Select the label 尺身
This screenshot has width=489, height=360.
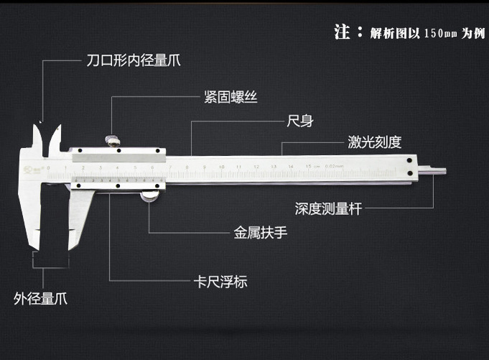click(300, 121)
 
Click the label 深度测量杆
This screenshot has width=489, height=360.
click(328, 209)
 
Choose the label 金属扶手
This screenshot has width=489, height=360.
click(259, 233)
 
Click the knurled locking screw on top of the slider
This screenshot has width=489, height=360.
click(112, 140)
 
